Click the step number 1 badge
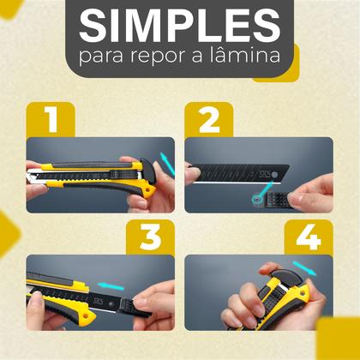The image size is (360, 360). point(51,119)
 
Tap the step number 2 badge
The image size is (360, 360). point(209,119)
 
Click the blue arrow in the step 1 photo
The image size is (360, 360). point(165,159)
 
